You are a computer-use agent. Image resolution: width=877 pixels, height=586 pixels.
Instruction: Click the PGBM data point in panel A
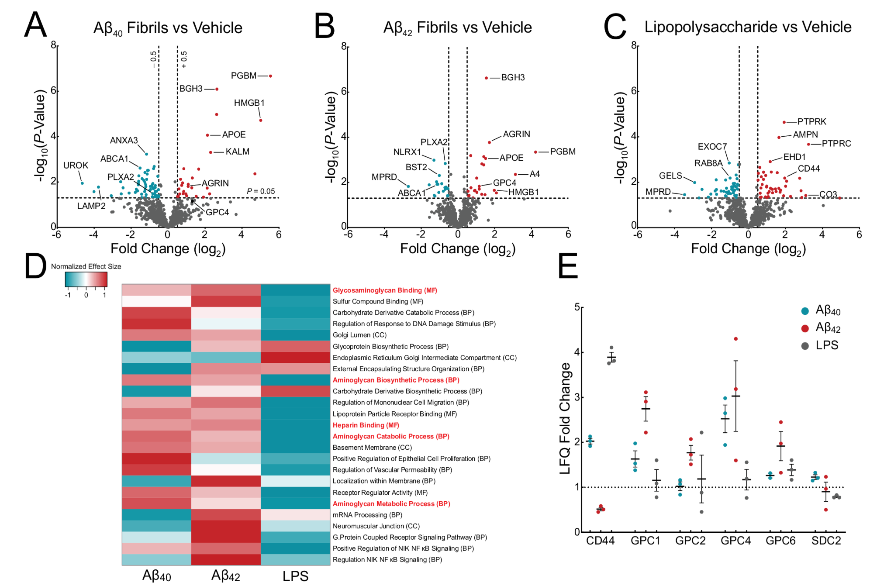tap(270, 76)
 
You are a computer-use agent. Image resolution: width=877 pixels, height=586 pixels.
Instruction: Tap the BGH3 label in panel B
tap(513, 77)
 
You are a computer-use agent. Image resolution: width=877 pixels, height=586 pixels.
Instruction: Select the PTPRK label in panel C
tap(811, 121)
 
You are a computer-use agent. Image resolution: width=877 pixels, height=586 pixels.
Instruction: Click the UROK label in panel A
tap(76, 165)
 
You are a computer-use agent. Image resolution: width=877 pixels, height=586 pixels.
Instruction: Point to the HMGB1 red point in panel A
tap(261, 121)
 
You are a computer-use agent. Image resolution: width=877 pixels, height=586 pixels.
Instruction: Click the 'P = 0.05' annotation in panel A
tap(261, 191)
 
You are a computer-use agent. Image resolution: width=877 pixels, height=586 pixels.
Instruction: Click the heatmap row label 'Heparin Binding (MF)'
tap(366, 425)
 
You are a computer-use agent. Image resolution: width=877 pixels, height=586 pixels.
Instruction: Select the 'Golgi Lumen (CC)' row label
tap(359, 335)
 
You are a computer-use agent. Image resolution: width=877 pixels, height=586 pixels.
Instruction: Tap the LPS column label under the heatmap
tap(295, 576)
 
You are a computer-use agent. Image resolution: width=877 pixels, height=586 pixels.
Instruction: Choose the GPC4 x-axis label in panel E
tap(735, 541)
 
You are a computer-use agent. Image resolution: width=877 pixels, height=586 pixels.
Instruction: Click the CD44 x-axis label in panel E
tap(600, 541)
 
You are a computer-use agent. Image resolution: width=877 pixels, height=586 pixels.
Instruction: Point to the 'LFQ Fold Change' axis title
tap(565, 418)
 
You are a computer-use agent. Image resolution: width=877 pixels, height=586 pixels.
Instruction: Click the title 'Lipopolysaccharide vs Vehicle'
tap(748, 27)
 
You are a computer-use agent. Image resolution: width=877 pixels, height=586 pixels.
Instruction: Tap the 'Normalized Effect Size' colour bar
tap(86, 279)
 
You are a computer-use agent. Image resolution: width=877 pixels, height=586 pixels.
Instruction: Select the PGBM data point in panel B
tap(535, 152)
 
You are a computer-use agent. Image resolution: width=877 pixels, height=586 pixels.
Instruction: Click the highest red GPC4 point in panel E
tap(736, 339)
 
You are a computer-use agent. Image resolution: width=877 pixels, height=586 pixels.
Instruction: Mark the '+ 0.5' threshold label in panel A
tap(184, 59)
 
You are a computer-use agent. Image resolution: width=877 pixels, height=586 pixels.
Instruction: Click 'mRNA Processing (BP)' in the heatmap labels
tap(367, 515)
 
